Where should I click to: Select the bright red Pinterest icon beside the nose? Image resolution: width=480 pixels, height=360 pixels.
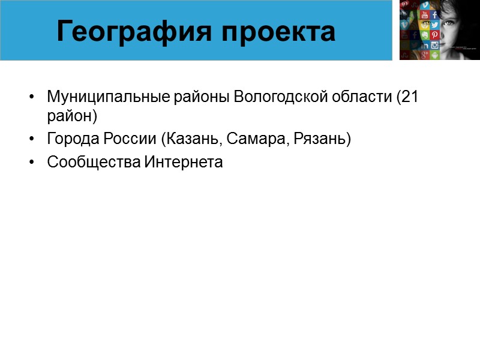434,35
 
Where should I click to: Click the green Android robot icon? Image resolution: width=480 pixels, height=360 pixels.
434,55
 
